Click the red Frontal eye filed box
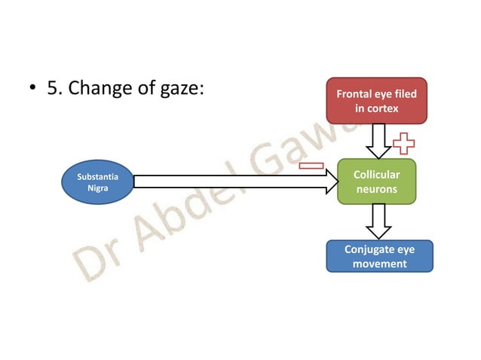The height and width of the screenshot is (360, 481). point(376,101)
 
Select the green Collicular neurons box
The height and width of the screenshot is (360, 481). point(376,182)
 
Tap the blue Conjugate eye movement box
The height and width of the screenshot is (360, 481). point(379,256)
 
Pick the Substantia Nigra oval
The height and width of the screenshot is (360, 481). point(97,182)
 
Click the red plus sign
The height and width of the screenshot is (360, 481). point(403,143)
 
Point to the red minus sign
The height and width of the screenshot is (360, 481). point(311,165)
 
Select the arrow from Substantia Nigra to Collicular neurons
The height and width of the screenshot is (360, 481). point(234,182)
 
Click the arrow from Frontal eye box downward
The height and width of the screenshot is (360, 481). point(376,139)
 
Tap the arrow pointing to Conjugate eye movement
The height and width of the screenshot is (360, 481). point(376,221)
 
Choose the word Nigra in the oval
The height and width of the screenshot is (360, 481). point(97,189)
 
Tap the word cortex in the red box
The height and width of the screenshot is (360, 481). point(383,108)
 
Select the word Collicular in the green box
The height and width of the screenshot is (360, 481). point(376,175)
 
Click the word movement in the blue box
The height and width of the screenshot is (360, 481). point(379,264)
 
